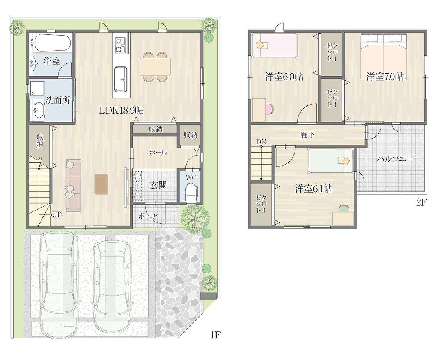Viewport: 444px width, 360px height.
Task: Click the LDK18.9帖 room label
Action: click(x=122, y=110)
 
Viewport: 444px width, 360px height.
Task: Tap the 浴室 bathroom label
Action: click(x=52, y=61)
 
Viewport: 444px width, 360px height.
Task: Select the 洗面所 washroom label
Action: click(x=58, y=100)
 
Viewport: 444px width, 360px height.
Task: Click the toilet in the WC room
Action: click(x=191, y=192)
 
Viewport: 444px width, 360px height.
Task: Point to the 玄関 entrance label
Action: click(x=158, y=186)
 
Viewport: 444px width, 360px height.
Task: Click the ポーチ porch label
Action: click(x=148, y=216)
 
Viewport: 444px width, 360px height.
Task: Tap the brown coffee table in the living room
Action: click(x=101, y=184)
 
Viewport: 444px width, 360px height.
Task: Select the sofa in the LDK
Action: click(x=73, y=186)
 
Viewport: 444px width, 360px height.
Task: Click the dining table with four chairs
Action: click(x=155, y=67)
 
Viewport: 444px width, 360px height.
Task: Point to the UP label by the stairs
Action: click(x=57, y=214)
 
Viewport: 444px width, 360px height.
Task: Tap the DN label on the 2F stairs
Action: click(x=261, y=142)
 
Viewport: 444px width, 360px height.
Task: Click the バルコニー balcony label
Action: click(x=394, y=159)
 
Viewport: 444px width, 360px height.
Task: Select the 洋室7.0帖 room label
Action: click(x=385, y=76)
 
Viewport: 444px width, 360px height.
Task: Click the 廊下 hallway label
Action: click(x=307, y=135)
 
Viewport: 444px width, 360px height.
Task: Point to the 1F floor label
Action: click(x=215, y=335)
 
